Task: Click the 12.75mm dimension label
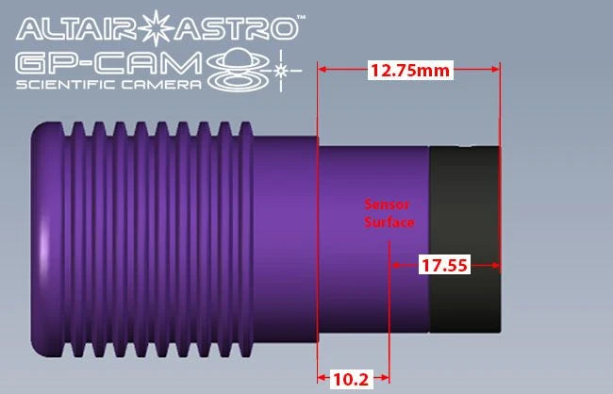coord(410,71)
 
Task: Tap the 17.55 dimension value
coord(444,266)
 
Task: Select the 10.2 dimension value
coord(351,379)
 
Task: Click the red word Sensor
coord(387,204)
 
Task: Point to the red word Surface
coord(389,222)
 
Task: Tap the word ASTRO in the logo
coord(236,28)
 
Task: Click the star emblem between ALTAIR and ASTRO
coord(157,28)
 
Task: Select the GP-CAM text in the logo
coord(108,64)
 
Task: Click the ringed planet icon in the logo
coord(238,70)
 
